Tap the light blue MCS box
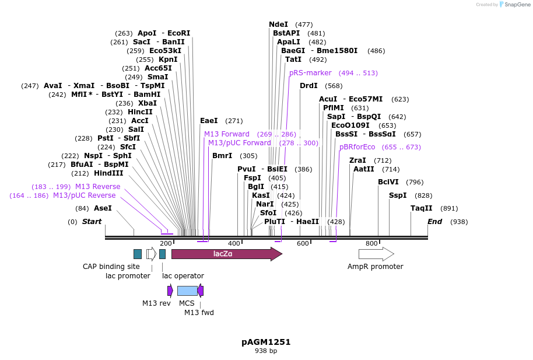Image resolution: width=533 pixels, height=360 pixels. (x=187, y=291)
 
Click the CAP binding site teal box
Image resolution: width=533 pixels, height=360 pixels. (x=138, y=254)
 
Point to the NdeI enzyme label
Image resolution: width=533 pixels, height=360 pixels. (x=278, y=25)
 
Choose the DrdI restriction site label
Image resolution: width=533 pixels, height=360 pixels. (x=309, y=86)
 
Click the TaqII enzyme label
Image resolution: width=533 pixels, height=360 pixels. (x=421, y=208)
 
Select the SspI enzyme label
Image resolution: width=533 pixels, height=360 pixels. (x=398, y=195)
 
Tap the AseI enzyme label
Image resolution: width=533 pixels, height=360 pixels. (x=103, y=208)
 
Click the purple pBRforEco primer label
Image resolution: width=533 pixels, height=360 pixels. (x=357, y=147)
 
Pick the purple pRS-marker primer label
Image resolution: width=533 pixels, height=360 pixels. (x=310, y=73)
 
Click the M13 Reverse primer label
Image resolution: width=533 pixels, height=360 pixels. (x=97, y=187)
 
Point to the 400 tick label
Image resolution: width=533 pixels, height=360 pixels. (x=234, y=243)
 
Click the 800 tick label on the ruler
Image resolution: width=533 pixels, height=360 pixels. (x=371, y=243)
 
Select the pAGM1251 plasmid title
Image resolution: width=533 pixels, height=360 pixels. (x=266, y=342)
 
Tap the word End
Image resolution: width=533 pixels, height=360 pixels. (x=434, y=222)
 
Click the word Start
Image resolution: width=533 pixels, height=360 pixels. (x=92, y=222)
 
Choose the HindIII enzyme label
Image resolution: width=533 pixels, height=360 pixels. (x=108, y=173)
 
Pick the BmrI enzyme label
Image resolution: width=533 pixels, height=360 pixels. (x=222, y=156)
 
